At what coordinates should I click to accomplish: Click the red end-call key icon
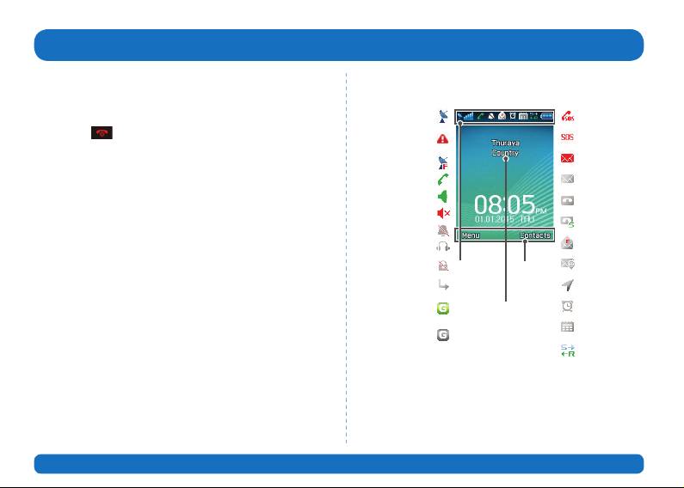[102, 134]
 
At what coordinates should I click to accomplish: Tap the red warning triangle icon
[442, 139]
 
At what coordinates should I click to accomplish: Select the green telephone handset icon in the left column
[442, 179]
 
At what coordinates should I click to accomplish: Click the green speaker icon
[442, 196]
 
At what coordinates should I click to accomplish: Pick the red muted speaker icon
[443, 214]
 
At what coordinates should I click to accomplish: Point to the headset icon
[442, 247]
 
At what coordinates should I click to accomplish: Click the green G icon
[442, 308]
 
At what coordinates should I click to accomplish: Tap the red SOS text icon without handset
[568, 137]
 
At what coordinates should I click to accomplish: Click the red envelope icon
[568, 158]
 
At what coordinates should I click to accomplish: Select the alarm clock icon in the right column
[568, 307]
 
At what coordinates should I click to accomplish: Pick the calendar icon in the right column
[568, 327]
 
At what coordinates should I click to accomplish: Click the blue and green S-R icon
[568, 351]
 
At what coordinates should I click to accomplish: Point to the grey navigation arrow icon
[568, 286]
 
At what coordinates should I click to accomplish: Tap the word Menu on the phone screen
[470, 235]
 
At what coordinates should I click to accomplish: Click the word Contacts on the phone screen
[534, 235]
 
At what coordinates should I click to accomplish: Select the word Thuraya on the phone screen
[506, 143]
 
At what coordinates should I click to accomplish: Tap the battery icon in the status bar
[547, 116]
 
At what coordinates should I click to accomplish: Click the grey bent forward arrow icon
[442, 284]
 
